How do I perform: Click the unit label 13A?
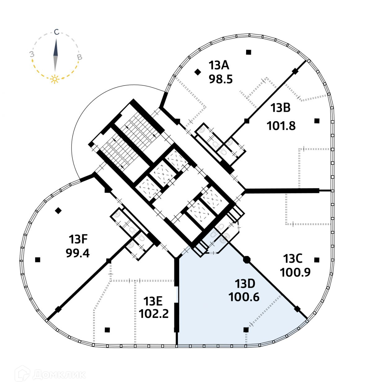tap(219, 65)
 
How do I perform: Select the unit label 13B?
tap(280, 108)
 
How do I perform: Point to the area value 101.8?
tap(281, 126)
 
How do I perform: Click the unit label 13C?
tap(293, 258)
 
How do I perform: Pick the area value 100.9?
tap(295, 272)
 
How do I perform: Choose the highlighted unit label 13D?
tap(245, 283)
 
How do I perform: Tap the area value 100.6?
tap(244, 297)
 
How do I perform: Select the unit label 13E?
tap(153, 301)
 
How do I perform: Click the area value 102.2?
tap(154, 314)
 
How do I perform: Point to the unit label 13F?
tap(78, 239)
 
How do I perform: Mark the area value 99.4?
tap(77, 253)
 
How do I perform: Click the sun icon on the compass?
tap(55, 79)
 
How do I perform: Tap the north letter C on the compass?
tap(56, 32)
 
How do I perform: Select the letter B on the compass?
tap(79, 57)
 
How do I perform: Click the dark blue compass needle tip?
tap(56, 42)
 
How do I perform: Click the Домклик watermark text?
tap(59, 374)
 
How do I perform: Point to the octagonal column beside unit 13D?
tap(246, 260)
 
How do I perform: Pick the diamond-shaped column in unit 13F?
tap(58, 211)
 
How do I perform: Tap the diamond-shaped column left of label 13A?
tap(197, 72)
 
